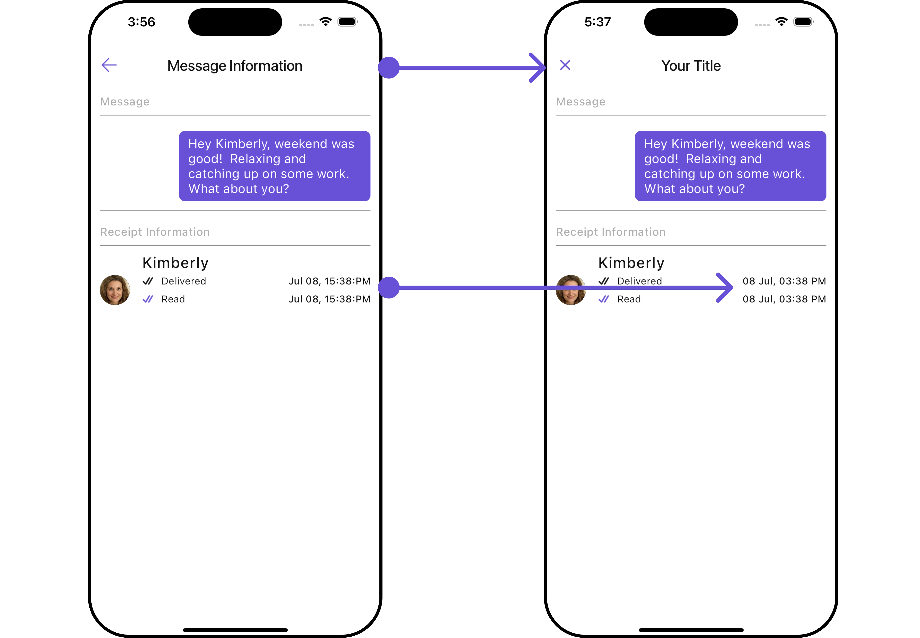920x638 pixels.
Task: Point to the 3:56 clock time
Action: [141, 22]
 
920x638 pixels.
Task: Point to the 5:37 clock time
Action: [598, 22]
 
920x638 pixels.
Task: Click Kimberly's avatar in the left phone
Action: [115, 290]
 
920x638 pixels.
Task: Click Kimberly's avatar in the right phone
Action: [571, 290]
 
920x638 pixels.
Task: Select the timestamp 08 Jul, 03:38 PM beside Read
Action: [784, 299]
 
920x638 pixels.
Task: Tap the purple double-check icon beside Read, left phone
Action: [148, 299]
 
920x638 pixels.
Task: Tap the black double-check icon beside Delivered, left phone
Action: [148, 281]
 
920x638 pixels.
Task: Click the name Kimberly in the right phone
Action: [631, 263]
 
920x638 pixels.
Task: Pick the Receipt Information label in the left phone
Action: [155, 232]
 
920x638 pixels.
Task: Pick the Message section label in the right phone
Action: [580, 102]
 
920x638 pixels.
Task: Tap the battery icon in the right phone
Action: [803, 22]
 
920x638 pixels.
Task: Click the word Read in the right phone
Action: [629, 299]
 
